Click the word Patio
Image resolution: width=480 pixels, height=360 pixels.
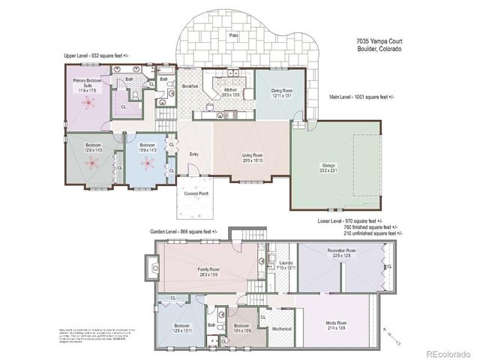pos(235,35)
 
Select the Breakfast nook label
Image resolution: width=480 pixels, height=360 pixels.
pos(190,87)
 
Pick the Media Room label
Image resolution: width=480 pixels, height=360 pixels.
pos(335,325)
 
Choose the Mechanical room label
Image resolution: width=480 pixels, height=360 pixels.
pos(281,328)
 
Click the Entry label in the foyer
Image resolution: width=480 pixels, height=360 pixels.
pos(193,154)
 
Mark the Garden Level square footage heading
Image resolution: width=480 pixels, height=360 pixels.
pos(183,232)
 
